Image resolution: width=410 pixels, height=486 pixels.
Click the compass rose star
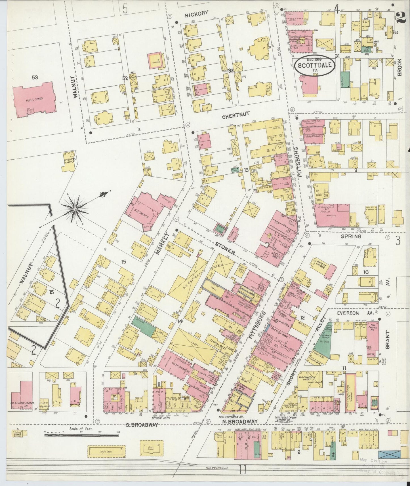75,209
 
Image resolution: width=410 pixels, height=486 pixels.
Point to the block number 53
35,77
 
